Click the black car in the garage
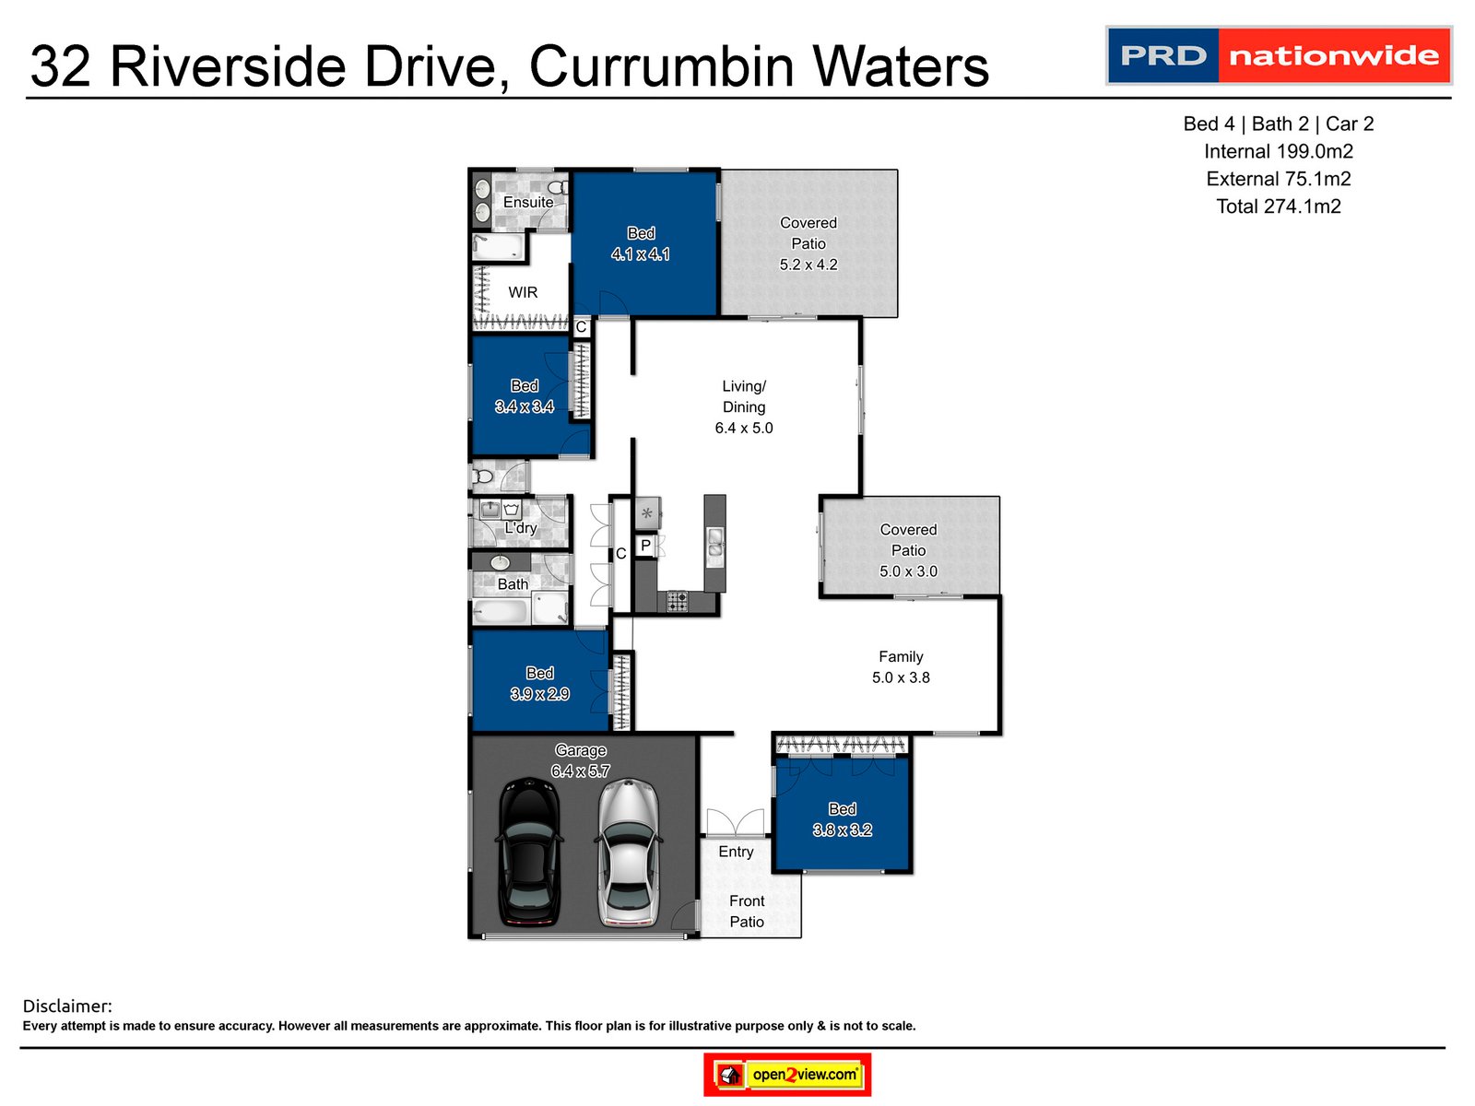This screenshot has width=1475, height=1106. [x=528, y=853]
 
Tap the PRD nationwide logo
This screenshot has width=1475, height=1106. [x=1279, y=56]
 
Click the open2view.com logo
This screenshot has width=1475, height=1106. [x=787, y=1075]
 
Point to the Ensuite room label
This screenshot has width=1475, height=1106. [x=528, y=202]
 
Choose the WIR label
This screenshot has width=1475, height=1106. [x=523, y=292]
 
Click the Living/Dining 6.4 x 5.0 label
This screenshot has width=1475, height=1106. [x=744, y=407]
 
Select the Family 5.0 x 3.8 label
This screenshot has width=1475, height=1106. [x=901, y=667]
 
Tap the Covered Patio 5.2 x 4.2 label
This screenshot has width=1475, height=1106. [x=808, y=244]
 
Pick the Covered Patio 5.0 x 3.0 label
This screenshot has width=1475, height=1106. [x=908, y=550]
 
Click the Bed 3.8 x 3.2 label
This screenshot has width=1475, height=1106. [x=842, y=819]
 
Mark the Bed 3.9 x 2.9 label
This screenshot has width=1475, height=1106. [x=539, y=684]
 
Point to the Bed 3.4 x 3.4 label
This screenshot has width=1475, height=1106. [x=525, y=396]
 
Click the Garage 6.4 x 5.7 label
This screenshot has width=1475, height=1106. [x=581, y=760]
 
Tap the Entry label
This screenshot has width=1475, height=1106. [x=736, y=852]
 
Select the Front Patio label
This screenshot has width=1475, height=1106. [x=747, y=911]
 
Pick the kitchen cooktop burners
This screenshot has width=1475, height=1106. [x=677, y=602]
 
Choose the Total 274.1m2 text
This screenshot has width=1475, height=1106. [x=1278, y=206]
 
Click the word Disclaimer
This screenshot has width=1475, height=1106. [x=67, y=1006]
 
